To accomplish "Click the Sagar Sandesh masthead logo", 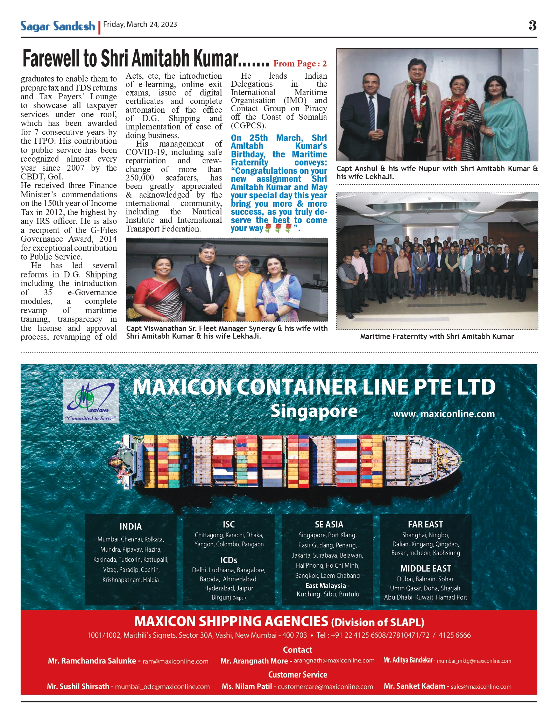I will (58, 26).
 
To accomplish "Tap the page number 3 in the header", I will (532, 26).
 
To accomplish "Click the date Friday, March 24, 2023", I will (140, 24).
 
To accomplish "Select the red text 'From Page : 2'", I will (300, 64).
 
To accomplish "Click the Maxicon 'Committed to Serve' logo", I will (91, 402).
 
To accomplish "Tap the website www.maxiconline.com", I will (444, 414).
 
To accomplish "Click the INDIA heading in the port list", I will (130, 526).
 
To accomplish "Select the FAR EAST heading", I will (425, 524).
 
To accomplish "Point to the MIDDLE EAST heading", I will (425, 568).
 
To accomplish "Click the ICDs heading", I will (229, 560).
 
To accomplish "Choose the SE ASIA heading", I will (329, 524).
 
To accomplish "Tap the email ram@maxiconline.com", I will (175, 661).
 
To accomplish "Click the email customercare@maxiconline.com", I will (325, 687).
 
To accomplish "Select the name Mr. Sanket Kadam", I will (414, 686).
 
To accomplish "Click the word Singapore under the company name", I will (314, 411).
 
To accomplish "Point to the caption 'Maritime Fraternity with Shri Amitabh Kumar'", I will (437, 336).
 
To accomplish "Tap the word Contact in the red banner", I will (297, 650).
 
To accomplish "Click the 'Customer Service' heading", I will (297, 674).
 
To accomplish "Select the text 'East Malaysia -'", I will (327, 586).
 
